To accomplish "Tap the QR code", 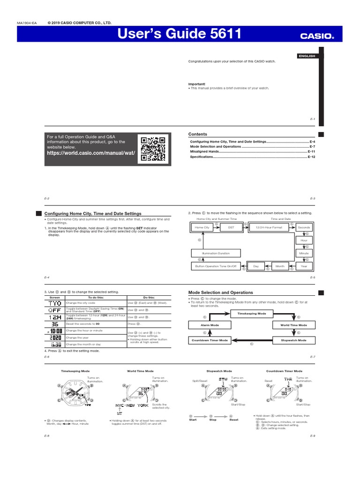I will [152, 149].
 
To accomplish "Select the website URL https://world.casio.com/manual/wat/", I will [91, 153].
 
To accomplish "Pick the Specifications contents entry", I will [202, 157].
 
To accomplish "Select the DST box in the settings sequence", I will [231, 227].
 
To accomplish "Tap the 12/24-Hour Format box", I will [269, 227].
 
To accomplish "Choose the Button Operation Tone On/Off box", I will [216, 266].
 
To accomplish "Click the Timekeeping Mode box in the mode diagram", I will [252, 313].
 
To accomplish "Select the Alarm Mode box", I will [203, 325].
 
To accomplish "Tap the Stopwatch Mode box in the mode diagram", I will [293, 340].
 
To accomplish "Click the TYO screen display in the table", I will [55, 303].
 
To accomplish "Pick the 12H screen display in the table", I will [55, 317].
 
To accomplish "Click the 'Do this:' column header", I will [149, 298].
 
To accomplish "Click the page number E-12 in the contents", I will [312, 157].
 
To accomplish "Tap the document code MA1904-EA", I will [26, 22].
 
